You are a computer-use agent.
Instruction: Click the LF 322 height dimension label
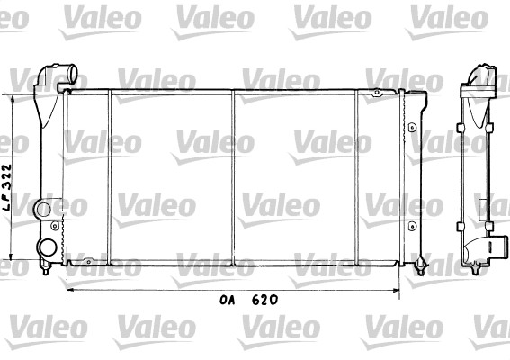click(7, 187)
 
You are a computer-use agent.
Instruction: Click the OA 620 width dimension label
click(248, 300)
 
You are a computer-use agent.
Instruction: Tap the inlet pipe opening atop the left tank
click(72, 74)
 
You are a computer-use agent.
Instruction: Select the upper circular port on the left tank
click(43, 210)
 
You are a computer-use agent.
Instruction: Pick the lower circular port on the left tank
click(48, 247)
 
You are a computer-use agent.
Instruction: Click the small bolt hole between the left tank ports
click(55, 226)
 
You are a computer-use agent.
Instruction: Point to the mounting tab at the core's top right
click(376, 93)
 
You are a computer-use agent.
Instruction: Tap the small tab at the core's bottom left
click(88, 261)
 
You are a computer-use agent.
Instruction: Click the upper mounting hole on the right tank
click(412, 127)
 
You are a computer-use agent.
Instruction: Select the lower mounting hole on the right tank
click(412, 226)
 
